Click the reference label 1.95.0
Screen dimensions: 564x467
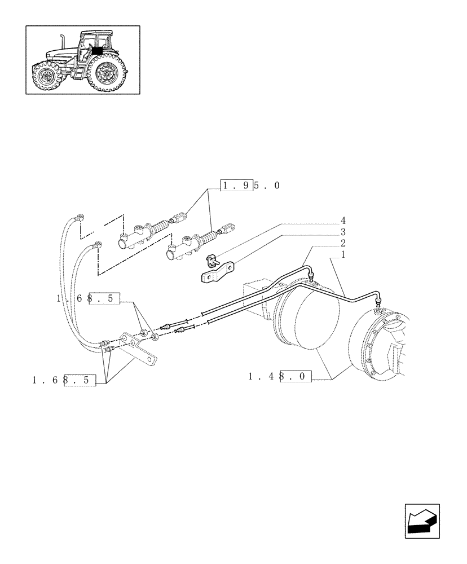(x=250, y=186)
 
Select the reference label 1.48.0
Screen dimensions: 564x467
(x=280, y=376)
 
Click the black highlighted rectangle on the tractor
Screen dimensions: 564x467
(x=97, y=51)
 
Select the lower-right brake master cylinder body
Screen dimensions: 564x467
(x=185, y=246)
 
